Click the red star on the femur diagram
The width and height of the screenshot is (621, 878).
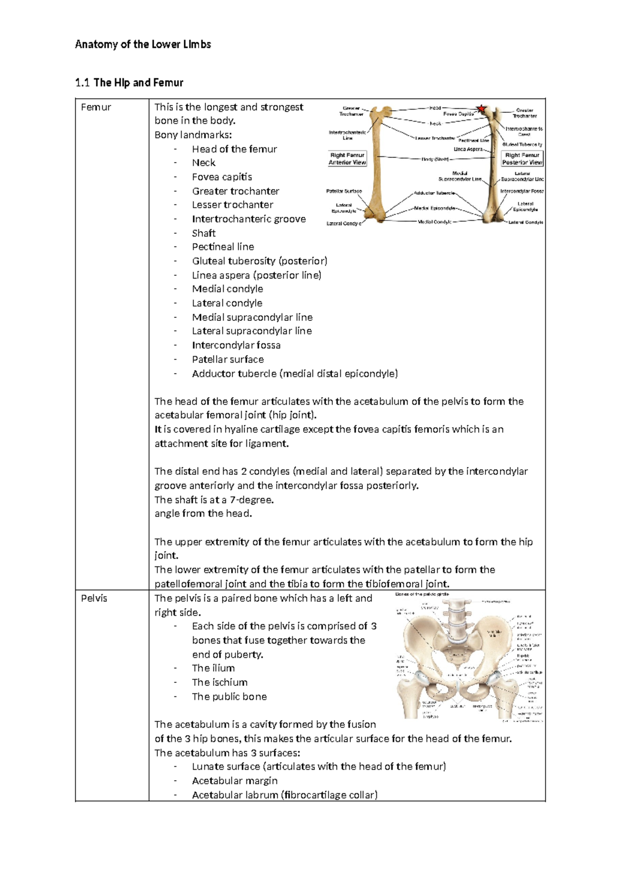coord(481,109)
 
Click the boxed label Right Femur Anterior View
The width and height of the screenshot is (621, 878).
coord(347,158)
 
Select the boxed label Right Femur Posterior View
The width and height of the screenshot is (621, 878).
coord(522,158)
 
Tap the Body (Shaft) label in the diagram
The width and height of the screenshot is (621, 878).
coord(435,159)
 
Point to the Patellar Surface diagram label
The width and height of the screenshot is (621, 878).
coord(344,191)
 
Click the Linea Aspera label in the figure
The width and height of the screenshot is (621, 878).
coord(468,149)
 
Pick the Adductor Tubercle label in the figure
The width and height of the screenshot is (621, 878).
coord(434,193)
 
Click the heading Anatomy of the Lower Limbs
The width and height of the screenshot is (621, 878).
coord(143,45)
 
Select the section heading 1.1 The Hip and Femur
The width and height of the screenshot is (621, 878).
coord(129,83)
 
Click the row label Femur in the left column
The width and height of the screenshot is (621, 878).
coord(96,107)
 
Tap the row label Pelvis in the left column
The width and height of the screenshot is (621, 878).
coord(94,598)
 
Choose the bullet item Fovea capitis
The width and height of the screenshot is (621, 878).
coord(222,177)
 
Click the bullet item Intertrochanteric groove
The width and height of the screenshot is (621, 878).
coord(248,219)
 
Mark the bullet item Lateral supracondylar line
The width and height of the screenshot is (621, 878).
coord(252,331)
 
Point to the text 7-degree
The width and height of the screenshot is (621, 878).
coord(251,500)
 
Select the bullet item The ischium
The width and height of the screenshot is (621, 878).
coord(219,682)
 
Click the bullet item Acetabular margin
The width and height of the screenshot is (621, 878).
coord(234,781)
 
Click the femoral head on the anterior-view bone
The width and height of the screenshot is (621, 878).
coord(388,110)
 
